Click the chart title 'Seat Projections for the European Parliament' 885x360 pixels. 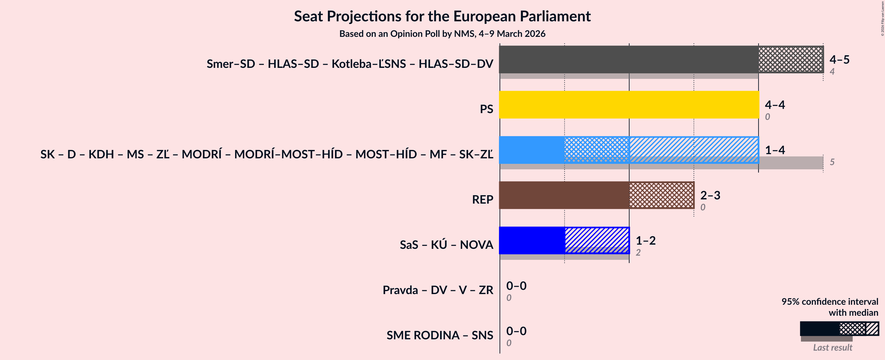442,16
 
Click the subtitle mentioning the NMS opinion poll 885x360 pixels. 442,34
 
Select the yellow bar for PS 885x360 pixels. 629,105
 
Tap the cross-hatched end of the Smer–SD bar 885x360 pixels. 791,59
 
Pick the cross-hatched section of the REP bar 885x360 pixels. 661,195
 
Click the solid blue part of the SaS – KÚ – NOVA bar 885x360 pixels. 532,240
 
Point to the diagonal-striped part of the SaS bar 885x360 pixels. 597,240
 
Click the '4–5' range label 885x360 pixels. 839,59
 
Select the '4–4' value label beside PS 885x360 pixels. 775,105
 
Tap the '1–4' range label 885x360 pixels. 775,150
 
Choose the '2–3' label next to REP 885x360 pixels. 710,195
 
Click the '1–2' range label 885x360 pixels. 645,240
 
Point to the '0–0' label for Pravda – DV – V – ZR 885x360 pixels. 516,286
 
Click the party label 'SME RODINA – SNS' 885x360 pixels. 439,335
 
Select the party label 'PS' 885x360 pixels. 486,109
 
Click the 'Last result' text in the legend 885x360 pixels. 832,347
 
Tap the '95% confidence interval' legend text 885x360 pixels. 829,302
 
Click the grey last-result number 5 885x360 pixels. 832,162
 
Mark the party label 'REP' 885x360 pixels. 482,200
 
